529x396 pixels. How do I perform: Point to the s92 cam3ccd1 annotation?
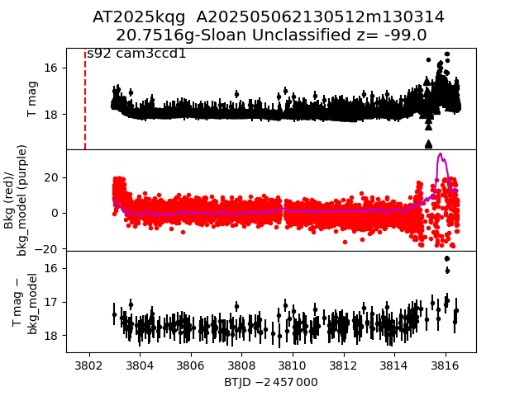(x=136, y=54)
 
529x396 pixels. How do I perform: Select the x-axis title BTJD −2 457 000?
(x=270, y=382)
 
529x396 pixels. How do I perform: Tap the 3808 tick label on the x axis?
(x=241, y=364)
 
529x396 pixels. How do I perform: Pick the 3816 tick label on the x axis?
(x=446, y=364)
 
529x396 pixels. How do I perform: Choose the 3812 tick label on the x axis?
(x=343, y=364)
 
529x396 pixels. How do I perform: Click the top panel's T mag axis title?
(x=33, y=99)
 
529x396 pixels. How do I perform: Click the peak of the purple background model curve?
(x=441, y=153)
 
